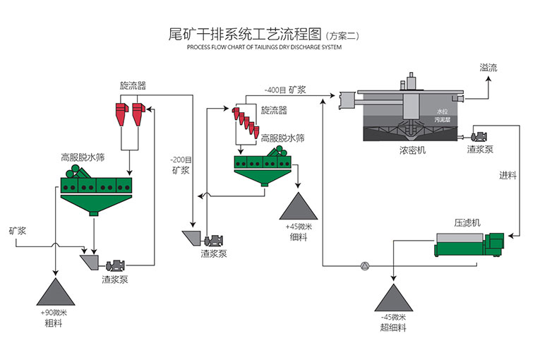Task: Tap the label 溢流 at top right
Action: pyautogui.click(x=488, y=68)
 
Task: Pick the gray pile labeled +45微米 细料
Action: pyautogui.click(x=297, y=205)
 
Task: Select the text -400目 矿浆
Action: pyautogui.click(x=285, y=90)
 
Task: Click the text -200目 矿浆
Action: pyautogui.click(x=181, y=164)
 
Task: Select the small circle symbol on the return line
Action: pyautogui.click(x=364, y=266)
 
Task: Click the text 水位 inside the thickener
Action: pyautogui.click(x=442, y=112)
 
